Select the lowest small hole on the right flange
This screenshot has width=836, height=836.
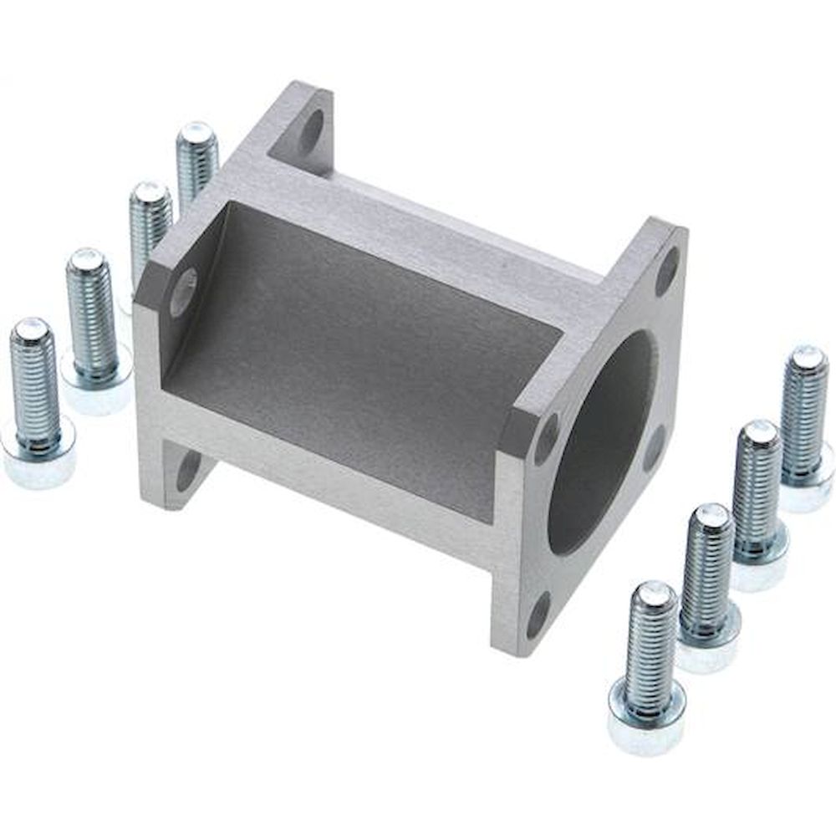(538, 614)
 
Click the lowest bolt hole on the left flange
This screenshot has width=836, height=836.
(188, 470)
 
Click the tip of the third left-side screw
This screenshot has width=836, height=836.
(150, 192)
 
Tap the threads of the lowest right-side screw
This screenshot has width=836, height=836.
(650, 644)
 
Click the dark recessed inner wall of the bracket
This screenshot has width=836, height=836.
(359, 351)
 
